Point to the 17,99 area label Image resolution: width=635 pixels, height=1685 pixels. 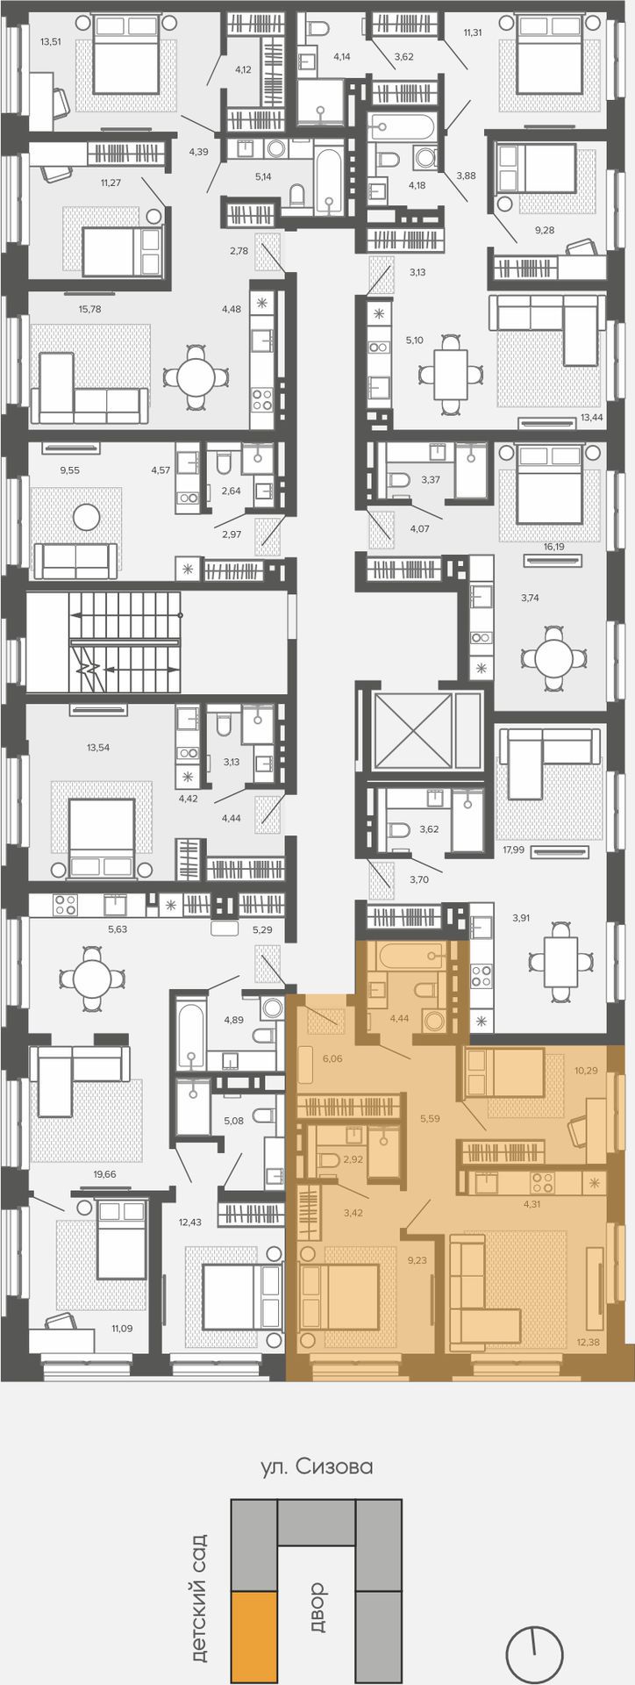point(514,850)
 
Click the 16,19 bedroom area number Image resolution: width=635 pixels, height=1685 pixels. point(553,546)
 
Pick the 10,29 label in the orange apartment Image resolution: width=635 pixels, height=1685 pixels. point(586,1071)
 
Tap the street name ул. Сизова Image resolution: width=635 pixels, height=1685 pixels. point(317,1466)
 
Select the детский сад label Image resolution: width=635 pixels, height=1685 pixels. point(199,1598)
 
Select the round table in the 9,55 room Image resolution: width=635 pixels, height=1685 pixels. point(86,517)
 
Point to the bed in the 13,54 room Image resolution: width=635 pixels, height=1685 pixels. point(102,836)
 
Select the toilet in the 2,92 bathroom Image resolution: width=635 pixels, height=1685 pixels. point(329,1160)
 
